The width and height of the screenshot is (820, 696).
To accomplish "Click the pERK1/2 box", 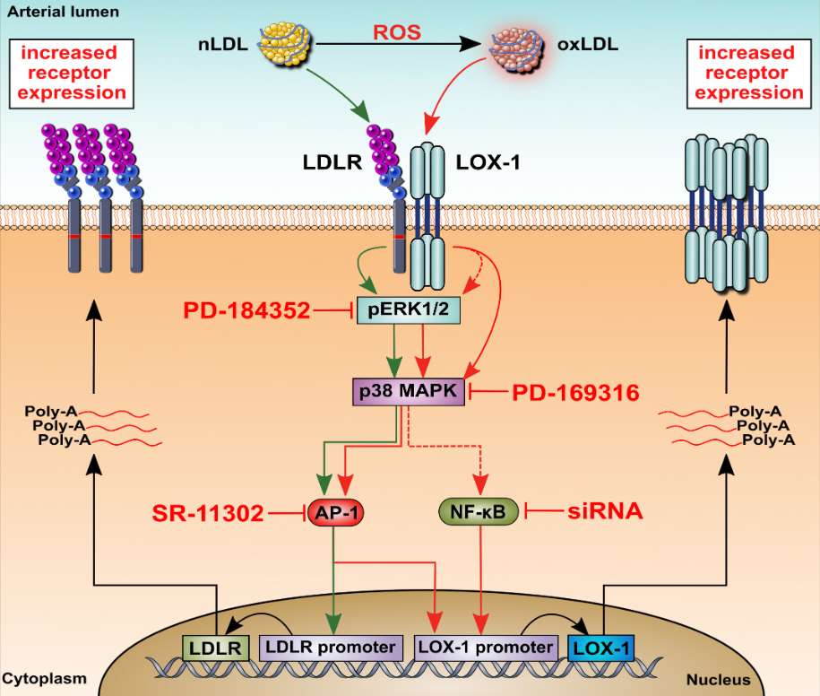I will (409, 310).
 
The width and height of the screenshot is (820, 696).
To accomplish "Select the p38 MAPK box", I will (409, 391).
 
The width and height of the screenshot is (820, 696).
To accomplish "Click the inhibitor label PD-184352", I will (247, 310).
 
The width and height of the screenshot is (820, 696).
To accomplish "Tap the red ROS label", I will (396, 33).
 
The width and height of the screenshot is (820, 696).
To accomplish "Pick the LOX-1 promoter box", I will (485, 647).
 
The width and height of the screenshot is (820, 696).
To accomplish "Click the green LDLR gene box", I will (215, 647).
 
